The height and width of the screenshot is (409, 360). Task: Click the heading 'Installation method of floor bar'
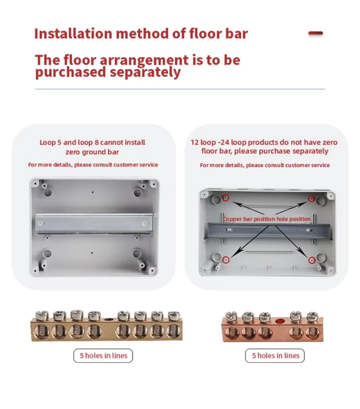[x=141, y=34]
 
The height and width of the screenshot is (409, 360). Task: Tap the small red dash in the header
[x=315, y=33]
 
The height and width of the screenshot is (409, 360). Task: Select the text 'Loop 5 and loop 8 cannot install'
[x=92, y=142]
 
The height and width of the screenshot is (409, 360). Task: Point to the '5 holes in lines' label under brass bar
[x=103, y=355]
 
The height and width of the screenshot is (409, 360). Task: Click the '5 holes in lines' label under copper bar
[x=275, y=355]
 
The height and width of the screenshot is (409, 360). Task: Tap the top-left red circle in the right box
[x=226, y=198]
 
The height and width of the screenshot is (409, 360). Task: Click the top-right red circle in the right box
[x=310, y=198]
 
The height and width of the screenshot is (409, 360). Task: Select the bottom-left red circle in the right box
[x=226, y=260]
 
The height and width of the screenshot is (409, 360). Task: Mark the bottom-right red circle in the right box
[x=310, y=260]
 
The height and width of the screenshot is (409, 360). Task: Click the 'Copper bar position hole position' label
[x=267, y=219]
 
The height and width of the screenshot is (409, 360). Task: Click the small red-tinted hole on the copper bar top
[x=280, y=321]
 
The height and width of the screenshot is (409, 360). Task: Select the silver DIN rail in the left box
[x=94, y=224]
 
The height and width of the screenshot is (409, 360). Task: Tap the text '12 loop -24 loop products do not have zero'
[x=264, y=142]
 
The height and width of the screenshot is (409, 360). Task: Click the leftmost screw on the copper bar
[x=232, y=317]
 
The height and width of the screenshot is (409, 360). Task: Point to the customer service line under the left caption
[x=93, y=165]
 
